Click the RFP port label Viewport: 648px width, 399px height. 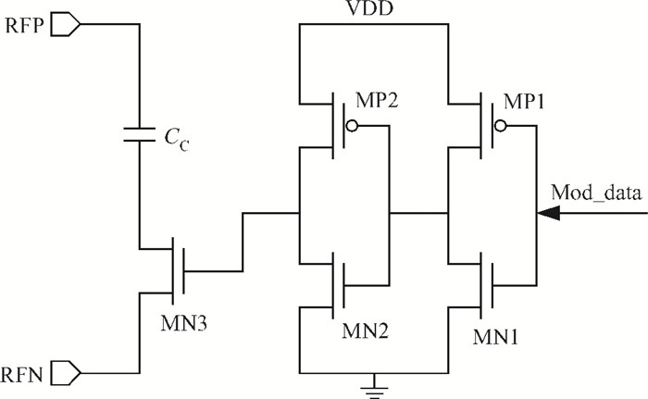tap(24, 26)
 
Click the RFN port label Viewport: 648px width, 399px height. tap(22, 376)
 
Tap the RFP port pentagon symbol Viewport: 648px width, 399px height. tap(66, 24)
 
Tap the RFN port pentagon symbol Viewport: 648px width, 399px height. tap(66, 373)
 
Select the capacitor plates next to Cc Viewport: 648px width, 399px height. tap(139, 135)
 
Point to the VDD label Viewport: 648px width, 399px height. tap(369, 8)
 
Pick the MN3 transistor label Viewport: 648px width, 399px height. tap(184, 323)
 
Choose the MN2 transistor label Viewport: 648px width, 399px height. tap(366, 330)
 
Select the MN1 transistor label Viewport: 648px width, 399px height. tap(495, 337)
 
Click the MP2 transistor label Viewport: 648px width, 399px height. tap(377, 100)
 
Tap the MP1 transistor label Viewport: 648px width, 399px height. tap(524, 101)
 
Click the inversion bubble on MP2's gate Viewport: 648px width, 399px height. tap(352, 126)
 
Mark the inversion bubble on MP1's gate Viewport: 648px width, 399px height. tap(501, 126)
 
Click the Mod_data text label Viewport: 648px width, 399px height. tap(596, 193)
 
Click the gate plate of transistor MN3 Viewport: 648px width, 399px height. tap(183, 271)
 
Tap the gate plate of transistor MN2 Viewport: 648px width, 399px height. tap(343, 285)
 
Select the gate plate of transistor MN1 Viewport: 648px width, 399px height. tap(492, 285)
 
